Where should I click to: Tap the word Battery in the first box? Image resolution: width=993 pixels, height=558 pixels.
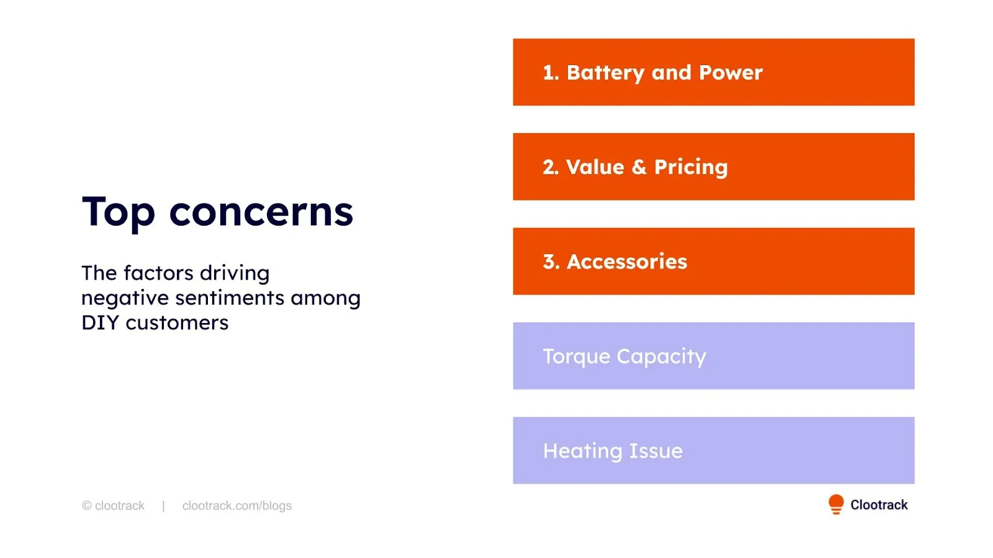(605, 73)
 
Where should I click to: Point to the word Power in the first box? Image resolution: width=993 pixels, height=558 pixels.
(730, 73)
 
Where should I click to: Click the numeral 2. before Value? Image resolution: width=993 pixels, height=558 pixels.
(550, 167)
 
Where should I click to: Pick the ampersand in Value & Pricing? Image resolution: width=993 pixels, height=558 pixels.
(639, 167)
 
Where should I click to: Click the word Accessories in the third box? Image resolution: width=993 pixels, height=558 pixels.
(627, 262)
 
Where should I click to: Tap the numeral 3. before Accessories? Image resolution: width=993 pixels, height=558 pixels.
(551, 262)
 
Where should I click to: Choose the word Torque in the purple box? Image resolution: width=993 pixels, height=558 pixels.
(577, 357)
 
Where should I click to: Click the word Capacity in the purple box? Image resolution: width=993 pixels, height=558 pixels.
(662, 357)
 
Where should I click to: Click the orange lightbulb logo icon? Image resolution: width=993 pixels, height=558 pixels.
(835, 505)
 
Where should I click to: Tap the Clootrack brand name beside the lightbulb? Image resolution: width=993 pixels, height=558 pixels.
(879, 505)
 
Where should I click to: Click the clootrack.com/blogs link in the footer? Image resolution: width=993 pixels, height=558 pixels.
(236, 506)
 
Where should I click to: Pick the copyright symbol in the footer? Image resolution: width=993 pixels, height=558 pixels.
(87, 506)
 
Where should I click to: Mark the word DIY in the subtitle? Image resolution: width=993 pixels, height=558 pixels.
(100, 323)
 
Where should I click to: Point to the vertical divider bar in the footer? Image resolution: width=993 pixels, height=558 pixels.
(164, 506)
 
